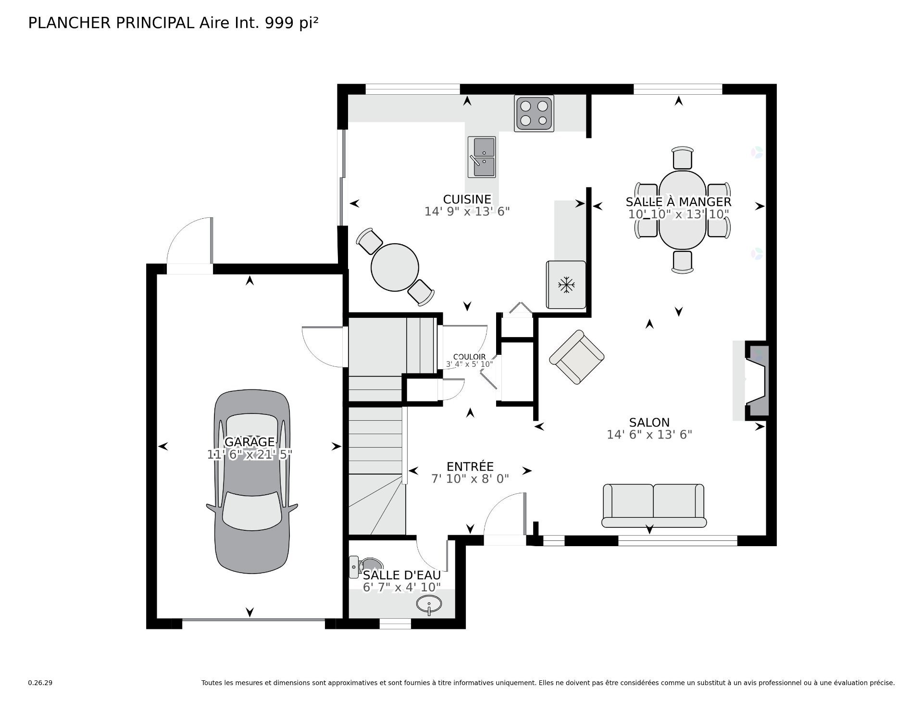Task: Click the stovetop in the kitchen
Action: pyautogui.click(x=534, y=113)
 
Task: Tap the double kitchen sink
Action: pyautogui.click(x=481, y=157)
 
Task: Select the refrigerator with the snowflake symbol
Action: pyautogui.click(x=566, y=285)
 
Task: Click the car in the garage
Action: pyautogui.click(x=251, y=481)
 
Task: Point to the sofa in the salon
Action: pyautogui.click(x=653, y=506)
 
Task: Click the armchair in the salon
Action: pyautogui.click(x=576, y=357)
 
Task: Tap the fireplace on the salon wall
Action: pyautogui.click(x=756, y=380)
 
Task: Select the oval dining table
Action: pyautogui.click(x=682, y=210)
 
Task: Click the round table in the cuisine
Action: pyautogui.click(x=395, y=267)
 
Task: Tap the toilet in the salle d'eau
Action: pyautogui.click(x=366, y=566)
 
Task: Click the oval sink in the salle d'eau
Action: pyautogui.click(x=428, y=604)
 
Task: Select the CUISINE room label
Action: pyautogui.click(x=467, y=199)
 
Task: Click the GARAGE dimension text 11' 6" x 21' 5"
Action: pyautogui.click(x=249, y=454)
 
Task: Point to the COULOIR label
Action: pyautogui.click(x=469, y=357)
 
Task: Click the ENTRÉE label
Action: pyautogui.click(x=470, y=466)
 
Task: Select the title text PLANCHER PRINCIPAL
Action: pyautogui.click(x=111, y=23)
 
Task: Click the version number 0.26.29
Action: pyautogui.click(x=40, y=683)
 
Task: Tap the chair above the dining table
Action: pyautogui.click(x=682, y=157)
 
